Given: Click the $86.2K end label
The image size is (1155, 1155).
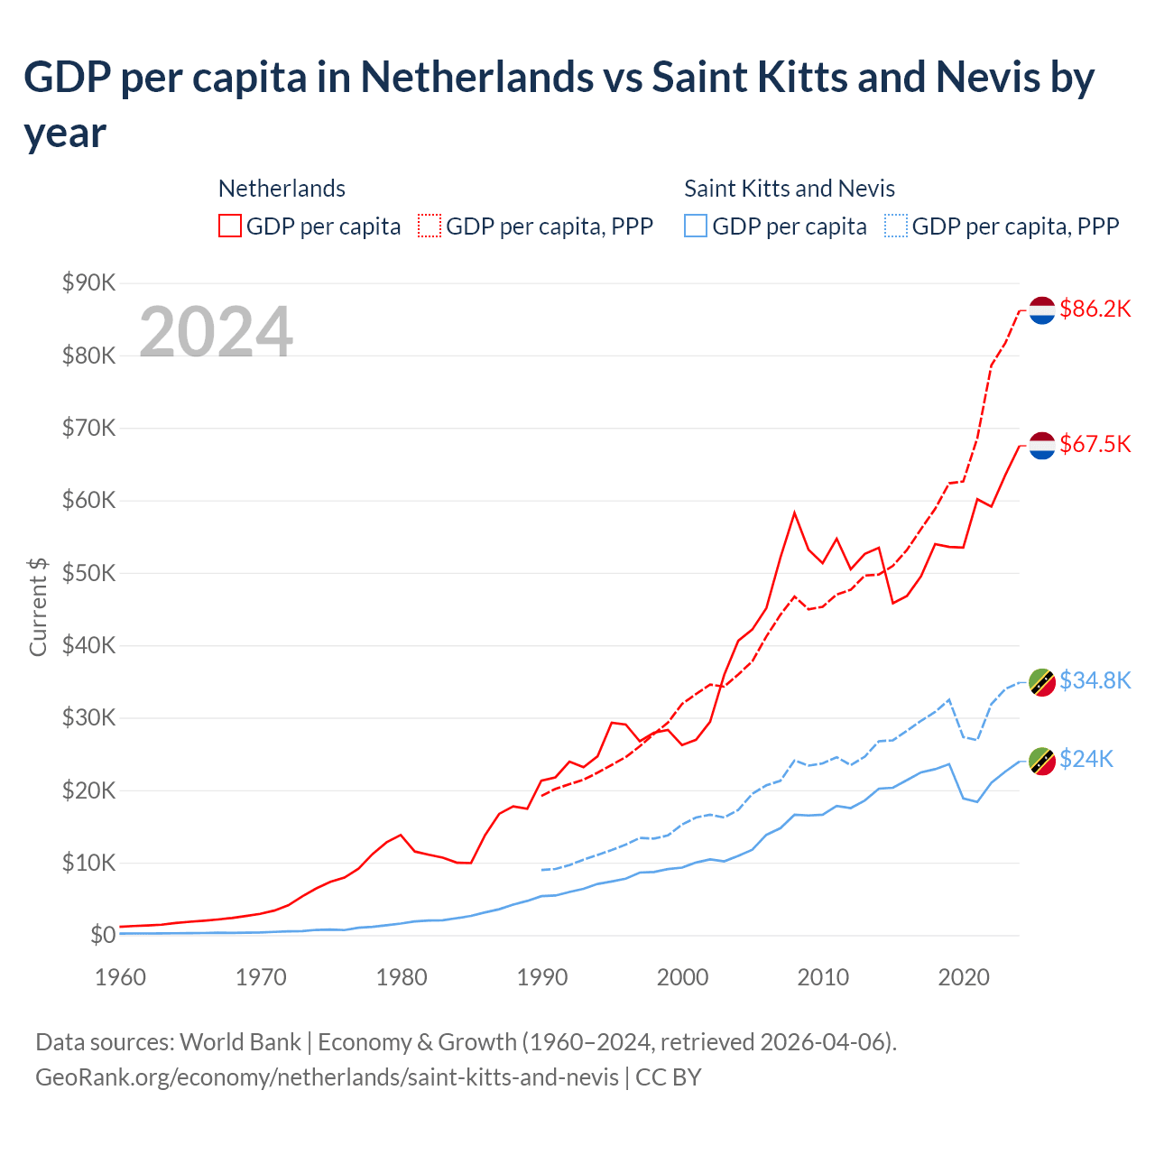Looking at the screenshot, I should pyautogui.click(x=1095, y=310).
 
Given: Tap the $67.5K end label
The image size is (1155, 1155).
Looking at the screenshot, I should pyautogui.click(x=1095, y=444).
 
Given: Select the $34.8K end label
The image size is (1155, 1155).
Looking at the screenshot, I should pyautogui.click(x=1095, y=680).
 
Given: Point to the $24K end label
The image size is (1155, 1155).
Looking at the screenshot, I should pyautogui.click(x=1086, y=759).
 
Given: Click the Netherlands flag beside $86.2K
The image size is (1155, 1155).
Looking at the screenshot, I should pyautogui.click(x=1042, y=310).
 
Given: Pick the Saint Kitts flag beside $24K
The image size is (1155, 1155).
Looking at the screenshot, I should pyautogui.click(x=1042, y=761).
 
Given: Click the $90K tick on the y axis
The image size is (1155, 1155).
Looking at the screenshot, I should pyautogui.click(x=89, y=283).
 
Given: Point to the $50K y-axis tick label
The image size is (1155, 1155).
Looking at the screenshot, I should pyautogui.click(x=89, y=573).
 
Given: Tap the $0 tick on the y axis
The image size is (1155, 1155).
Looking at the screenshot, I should pyautogui.click(x=103, y=935).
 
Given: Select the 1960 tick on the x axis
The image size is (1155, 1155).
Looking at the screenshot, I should pyautogui.click(x=121, y=977).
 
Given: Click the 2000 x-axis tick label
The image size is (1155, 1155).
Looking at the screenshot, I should pyautogui.click(x=683, y=977).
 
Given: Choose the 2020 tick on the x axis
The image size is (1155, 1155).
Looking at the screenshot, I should pyautogui.click(x=964, y=977).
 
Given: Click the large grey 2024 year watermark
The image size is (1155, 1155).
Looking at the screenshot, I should pyautogui.click(x=217, y=332).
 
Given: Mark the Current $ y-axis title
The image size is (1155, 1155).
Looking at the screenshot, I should pyautogui.click(x=38, y=606).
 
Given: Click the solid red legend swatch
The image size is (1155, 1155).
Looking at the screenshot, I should pyautogui.click(x=230, y=226).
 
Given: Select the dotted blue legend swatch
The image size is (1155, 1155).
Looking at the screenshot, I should pyautogui.click(x=896, y=226).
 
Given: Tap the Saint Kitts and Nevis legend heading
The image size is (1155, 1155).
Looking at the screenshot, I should pyautogui.click(x=790, y=189).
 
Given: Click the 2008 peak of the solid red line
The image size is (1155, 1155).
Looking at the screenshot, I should pyautogui.click(x=794, y=513).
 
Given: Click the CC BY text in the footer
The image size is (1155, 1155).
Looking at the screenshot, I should pyautogui.click(x=669, y=1077).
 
